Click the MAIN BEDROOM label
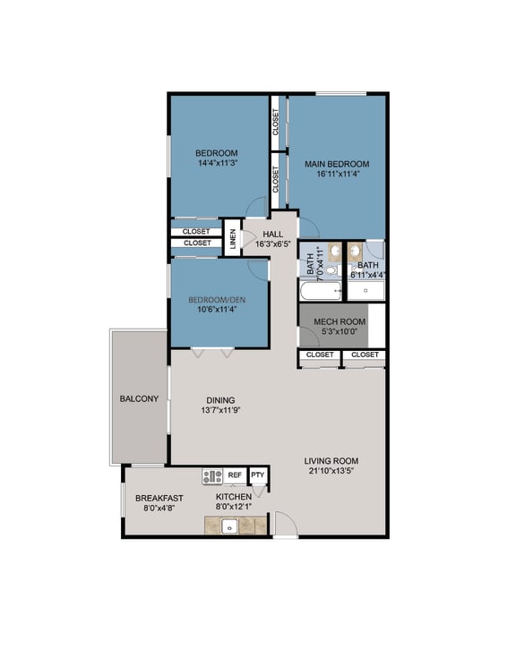(337, 164)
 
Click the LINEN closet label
(233, 238)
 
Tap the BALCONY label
(139, 398)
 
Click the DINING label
(220, 400)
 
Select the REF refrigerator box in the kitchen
(235, 475)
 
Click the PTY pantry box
(258, 475)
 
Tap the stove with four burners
(212, 476)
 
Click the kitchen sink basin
(228, 526)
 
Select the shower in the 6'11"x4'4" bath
(366, 291)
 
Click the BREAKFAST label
(159, 498)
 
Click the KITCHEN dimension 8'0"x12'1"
(234, 508)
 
